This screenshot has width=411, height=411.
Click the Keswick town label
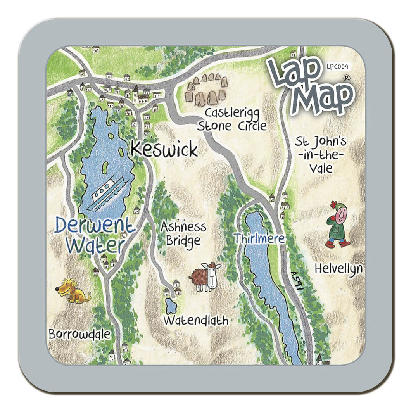(x=164, y=149)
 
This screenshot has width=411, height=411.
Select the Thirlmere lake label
(x=259, y=238)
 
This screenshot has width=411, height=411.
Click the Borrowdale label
(x=80, y=334)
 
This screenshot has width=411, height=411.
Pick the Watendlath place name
(x=195, y=321)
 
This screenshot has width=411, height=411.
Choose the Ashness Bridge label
(x=183, y=234)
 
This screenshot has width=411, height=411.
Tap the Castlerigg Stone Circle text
(x=232, y=119)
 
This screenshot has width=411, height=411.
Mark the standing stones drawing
(x=207, y=91)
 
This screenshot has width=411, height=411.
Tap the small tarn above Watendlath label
(x=171, y=306)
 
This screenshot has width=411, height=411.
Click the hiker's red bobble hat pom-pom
(x=333, y=204)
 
